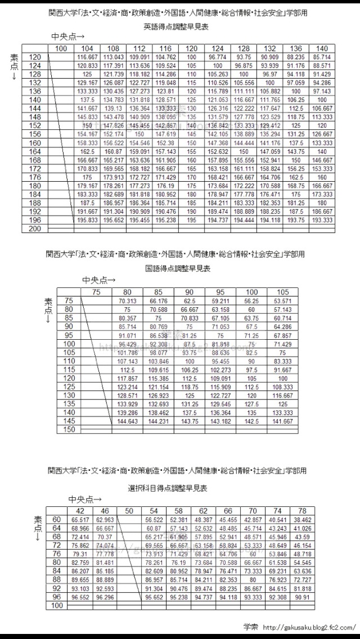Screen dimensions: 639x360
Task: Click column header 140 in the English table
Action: coord(322,49)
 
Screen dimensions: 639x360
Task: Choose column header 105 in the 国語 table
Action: coord(283,292)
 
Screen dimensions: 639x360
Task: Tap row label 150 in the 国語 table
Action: coord(69,429)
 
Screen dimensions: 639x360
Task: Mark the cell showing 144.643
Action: coord(128,421)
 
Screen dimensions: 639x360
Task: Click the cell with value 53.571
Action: coord(283,301)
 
